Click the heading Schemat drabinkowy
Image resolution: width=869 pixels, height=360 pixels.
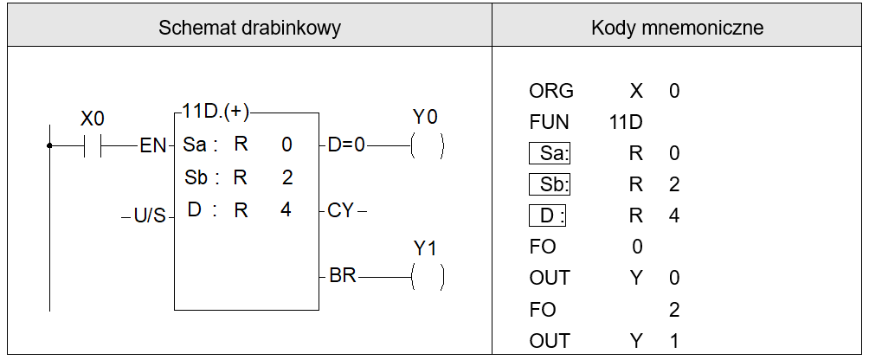[x=249, y=28]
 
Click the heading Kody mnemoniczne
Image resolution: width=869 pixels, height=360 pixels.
[x=677, y=28]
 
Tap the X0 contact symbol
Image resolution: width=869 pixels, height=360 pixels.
[x=93, y=146]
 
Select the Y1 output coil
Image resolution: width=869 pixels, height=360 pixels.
[x=427, y=276]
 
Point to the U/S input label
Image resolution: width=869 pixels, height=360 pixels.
[x=150, y=215]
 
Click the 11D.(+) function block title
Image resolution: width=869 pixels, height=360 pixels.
[x=216, y=112]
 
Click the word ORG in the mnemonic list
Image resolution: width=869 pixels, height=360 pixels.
[x=550, y=91]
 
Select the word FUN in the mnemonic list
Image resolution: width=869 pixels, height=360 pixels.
[x=550, y=122]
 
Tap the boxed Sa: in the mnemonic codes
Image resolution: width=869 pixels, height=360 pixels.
[x=550, y=153]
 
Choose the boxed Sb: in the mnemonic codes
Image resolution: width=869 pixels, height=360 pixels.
[x=550, y=185]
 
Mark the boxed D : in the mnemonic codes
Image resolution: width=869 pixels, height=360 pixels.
[x=548, y=216]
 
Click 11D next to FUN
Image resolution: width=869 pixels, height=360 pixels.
[x=626, y=122]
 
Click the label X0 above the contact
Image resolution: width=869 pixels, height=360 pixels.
[x=92, y=119]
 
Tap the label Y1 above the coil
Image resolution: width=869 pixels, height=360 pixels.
[x=425, y=249]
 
